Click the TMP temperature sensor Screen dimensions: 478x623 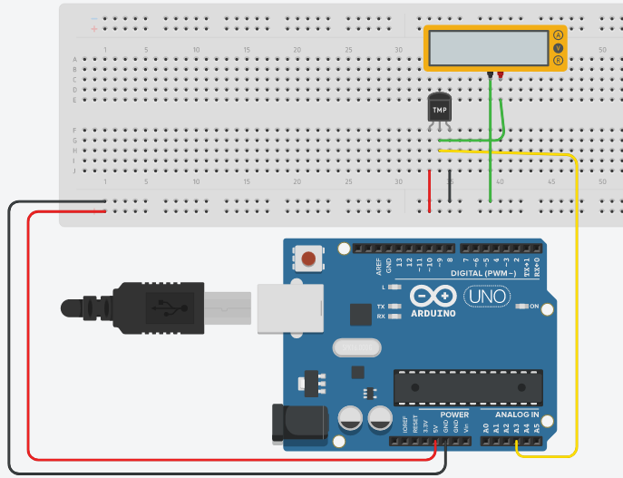[439, 110]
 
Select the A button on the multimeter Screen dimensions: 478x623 [558, 35]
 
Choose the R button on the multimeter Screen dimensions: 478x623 [558, 61]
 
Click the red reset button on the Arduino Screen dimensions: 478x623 [309, 259]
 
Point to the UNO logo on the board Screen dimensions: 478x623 [487, 296]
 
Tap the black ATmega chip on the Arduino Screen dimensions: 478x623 [467, 387]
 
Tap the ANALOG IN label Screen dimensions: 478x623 [516, 415]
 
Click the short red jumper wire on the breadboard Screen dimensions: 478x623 [430, 190]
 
